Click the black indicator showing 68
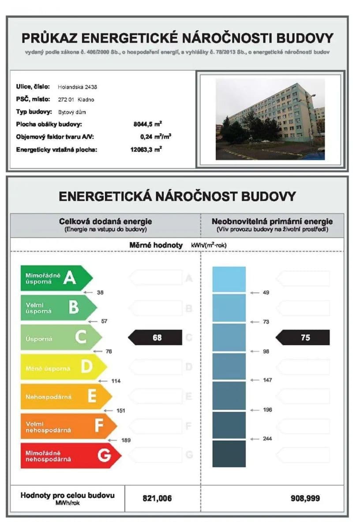[155, 338]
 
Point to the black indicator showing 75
[303, 338]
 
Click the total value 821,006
[157, 499]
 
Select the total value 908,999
[305, 499]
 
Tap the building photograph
[270, 119]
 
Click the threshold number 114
[116, 381]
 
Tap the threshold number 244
[267, 439]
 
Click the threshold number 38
[100, 292]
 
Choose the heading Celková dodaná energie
[105, 221]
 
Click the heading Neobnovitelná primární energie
[272, 221]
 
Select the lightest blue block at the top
[229, 279]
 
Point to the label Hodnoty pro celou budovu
[67, 495]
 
